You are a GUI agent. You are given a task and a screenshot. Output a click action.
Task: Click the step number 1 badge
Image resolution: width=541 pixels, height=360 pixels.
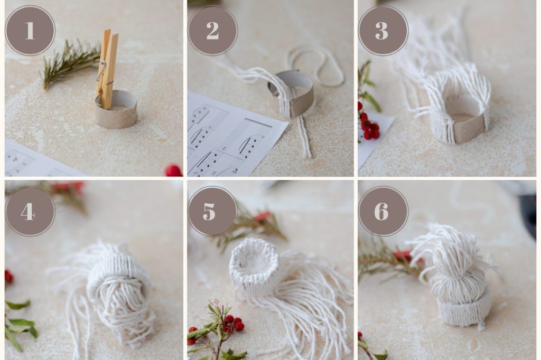point(30,30)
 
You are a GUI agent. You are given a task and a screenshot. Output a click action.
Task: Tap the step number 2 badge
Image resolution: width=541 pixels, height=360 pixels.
point(212,30)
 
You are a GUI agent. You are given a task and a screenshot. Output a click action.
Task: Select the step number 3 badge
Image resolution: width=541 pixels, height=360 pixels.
point(383,30)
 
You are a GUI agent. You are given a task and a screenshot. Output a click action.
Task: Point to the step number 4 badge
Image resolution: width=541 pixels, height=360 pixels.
point(30,211)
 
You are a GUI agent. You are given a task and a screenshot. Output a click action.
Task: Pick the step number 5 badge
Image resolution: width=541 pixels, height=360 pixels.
point(212,211)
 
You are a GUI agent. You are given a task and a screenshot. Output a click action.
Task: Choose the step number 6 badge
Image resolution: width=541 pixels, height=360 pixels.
point(383,211)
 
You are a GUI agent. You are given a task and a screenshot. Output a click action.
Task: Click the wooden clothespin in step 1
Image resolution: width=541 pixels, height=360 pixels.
point(107,69)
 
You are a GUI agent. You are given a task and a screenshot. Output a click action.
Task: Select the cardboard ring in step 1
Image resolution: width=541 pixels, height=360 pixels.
point(116,110)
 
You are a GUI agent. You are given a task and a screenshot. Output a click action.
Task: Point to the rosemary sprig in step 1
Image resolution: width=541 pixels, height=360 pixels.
point(71,63)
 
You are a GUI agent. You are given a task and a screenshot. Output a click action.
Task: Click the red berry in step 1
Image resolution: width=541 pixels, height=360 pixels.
point(173,170)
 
